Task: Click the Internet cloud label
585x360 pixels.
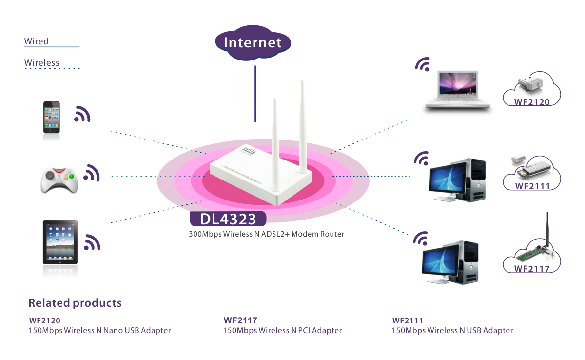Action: point(253,42)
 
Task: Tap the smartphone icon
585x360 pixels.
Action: point(52,117)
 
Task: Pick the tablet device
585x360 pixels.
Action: point(60,241)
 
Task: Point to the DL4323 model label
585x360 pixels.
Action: point(228,219)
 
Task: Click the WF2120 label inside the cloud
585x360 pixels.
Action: point(532,102)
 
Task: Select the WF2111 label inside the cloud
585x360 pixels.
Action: point(532,186)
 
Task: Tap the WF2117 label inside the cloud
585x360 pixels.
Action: point(532,269)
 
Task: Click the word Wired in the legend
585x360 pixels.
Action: point(37,41)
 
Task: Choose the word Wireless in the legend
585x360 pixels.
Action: point(42,62)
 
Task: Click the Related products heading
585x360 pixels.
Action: point(75,303)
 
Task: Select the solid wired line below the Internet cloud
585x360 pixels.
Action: point(254,93)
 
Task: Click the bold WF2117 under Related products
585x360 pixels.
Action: point(240,320)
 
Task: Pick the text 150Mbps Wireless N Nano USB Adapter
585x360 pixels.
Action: point(100,331)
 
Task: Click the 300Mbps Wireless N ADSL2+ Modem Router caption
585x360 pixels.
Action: point(267,234)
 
